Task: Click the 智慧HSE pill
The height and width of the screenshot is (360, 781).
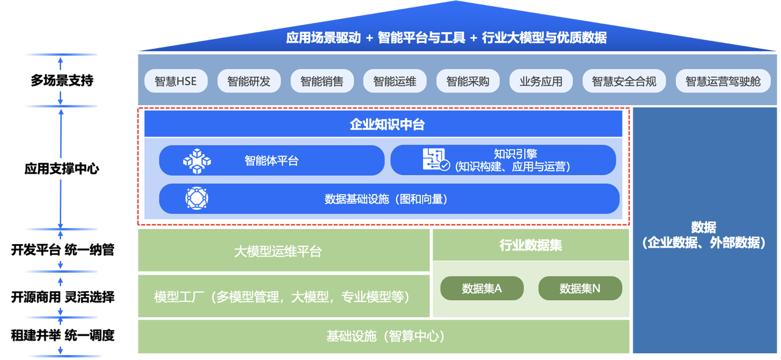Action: (x=176, y=81)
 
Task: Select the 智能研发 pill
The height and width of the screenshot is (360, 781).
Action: (x=248, y=81)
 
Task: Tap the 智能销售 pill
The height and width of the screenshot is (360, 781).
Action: (x=322, y=81)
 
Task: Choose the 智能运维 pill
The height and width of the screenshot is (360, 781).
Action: (x=395, y=81)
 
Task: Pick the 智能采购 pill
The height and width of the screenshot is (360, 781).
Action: (x=467, y=81)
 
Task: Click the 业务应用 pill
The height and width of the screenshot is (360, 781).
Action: (x=541, y=81)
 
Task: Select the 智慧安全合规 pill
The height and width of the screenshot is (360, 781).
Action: (x=624, y=81)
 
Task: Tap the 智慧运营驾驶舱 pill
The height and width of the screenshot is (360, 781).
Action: (x=723, y=81)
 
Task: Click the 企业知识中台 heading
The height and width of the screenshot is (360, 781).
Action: (x=387, y=125)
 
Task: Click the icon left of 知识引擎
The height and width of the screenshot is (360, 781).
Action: (x=436, y=160)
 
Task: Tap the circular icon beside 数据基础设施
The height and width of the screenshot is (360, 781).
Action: (x=196, y=198)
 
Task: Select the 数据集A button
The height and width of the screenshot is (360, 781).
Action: (x=481, y=289)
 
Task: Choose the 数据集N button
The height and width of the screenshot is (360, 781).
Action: (x=580, y=289)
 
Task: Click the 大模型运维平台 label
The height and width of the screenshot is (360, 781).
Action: (x=278, y=251)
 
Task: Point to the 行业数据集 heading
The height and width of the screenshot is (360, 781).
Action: (x=530, y=245)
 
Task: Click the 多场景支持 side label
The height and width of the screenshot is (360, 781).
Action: (x=62, y=80)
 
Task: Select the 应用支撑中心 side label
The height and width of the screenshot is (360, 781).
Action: (x=62, y=169)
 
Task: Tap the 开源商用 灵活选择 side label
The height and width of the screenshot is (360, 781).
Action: (x=63, y=297)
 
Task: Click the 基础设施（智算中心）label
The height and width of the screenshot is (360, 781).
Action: (x=385, y=336)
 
